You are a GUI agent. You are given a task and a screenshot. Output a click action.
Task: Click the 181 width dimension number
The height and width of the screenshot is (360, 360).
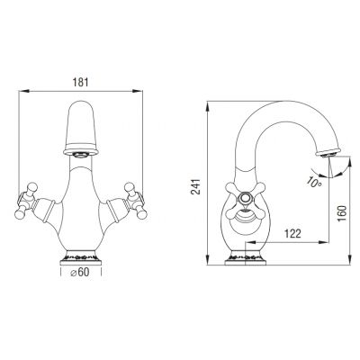point(81,82)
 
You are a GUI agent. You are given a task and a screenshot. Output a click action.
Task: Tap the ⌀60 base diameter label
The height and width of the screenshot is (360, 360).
point(79,272)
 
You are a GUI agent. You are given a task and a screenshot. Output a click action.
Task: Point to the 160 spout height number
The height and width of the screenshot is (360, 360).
point(342,213)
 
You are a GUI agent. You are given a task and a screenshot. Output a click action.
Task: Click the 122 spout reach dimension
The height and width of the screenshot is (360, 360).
point(292,233)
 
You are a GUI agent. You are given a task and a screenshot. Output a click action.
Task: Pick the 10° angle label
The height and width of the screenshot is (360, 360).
point(314,182)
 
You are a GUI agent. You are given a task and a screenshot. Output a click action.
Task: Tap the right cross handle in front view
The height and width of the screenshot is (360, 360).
point(135,201)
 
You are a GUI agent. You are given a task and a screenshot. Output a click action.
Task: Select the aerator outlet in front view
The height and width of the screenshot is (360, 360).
point(82,155)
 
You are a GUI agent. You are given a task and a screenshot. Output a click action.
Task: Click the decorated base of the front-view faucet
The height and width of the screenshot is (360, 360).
point(81,257)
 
